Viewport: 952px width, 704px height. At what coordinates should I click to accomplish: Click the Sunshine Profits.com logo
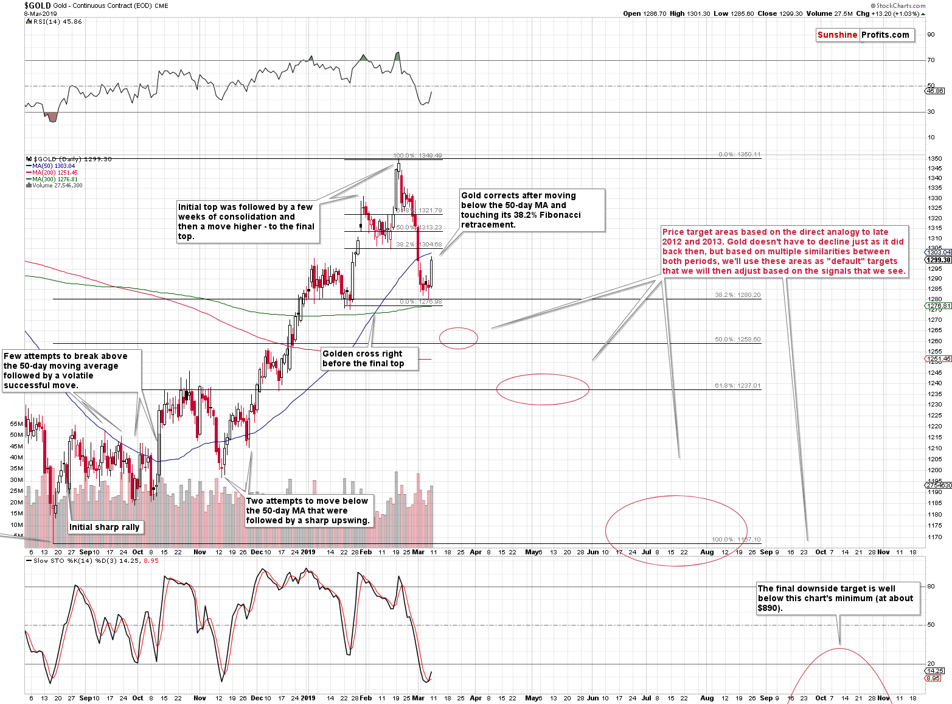863,35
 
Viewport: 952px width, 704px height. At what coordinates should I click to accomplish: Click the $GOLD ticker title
37,5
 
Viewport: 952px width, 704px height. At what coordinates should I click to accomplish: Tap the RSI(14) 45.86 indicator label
57,22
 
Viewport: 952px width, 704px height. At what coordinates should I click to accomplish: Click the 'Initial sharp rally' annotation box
105,527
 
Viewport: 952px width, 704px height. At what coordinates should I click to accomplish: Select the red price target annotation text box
783,251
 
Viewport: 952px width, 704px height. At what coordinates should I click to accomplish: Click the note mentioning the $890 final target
837,598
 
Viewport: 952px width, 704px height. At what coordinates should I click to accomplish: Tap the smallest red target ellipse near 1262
459,338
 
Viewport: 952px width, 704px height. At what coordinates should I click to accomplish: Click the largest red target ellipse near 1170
676,531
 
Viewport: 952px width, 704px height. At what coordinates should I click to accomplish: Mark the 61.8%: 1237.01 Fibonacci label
737,386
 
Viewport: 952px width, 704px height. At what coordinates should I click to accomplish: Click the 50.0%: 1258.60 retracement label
737,340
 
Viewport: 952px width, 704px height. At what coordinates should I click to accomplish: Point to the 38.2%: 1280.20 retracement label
737,295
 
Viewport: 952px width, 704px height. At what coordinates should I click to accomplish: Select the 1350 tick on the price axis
935,159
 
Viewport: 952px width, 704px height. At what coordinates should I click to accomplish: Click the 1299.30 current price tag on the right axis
939,260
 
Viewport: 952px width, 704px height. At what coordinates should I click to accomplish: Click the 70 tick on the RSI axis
931,60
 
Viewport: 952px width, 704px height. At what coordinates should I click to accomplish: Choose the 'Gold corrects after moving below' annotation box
532,210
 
